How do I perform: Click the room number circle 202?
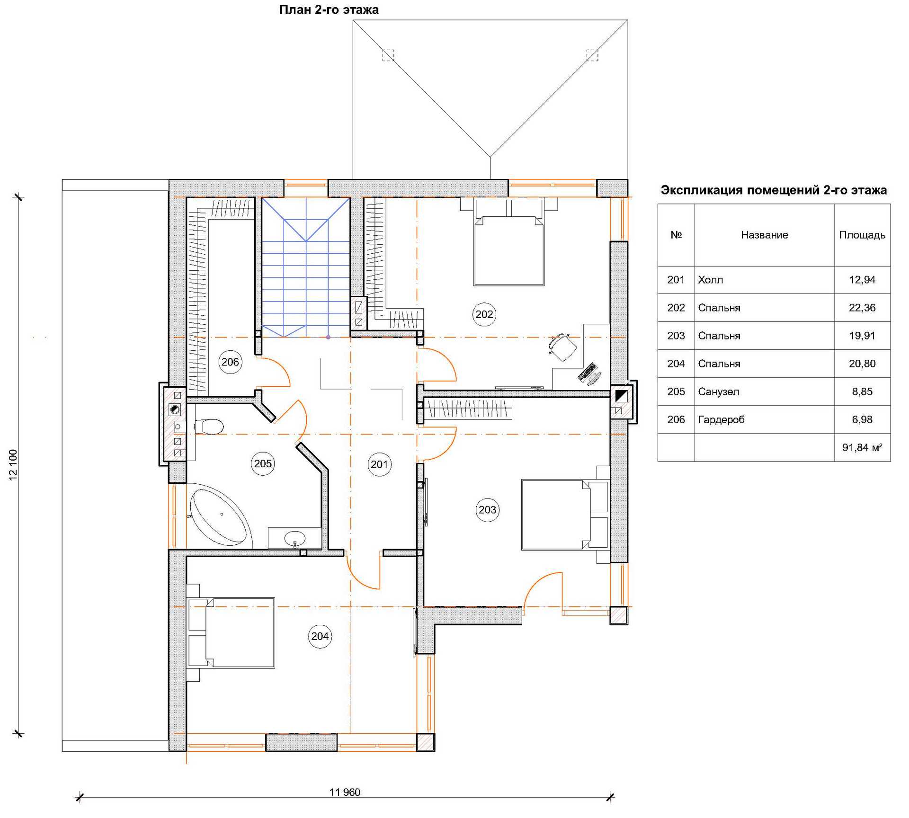484,314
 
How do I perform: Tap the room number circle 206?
230,362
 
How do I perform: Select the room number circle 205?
263,463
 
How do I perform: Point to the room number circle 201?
379,464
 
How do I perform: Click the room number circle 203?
487,510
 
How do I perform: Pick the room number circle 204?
320,636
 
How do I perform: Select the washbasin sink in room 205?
294,538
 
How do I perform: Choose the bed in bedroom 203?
565,515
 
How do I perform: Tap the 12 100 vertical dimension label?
13,465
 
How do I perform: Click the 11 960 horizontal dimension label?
345,792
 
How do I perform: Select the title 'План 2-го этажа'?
329,9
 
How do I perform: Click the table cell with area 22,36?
862,308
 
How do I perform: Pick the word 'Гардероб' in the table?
721,419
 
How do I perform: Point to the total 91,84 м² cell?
862,447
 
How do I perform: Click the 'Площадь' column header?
862,235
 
